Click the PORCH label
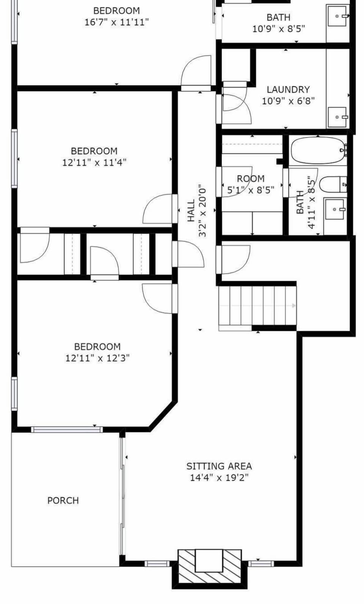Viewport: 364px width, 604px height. [63, 500]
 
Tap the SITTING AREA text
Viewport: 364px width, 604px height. [219, 466]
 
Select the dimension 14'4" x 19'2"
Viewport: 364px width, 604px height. [219, 478]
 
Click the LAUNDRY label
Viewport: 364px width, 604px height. [288, 89]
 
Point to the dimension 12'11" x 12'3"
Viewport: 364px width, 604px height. [97, 358]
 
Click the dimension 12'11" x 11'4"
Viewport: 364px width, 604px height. [94, 162]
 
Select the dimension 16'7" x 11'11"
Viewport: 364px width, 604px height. [117, 22]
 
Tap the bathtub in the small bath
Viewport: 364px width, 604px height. [319, 150]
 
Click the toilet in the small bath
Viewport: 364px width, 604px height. [333, 184]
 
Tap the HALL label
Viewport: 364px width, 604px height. [191, 211]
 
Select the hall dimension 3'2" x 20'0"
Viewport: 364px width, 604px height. [202, 211]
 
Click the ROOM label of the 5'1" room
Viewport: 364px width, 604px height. [251, 178]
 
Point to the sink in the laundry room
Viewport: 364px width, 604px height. [337, 117]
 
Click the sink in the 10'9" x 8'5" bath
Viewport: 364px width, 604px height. [337, 16]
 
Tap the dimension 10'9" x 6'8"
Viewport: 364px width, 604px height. [288, 101]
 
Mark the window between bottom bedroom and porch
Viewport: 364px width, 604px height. [67, 430]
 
